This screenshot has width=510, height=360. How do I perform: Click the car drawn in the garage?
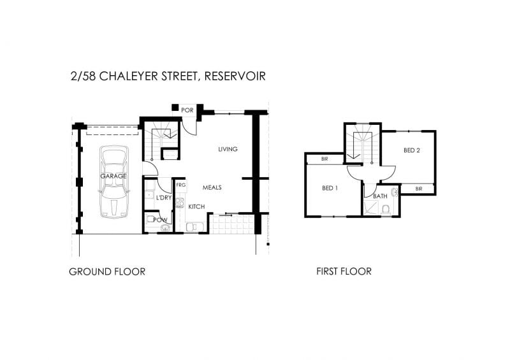[x=114, y=182]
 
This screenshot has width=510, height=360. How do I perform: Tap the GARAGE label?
[x=113, y=176]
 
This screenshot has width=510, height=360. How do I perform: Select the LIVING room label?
[x=228, y=149]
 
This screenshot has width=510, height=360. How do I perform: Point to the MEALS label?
[x=212, y=187]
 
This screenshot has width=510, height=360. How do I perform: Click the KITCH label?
[x=196, y=206]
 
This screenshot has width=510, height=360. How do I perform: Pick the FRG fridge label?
[x=181, y=185]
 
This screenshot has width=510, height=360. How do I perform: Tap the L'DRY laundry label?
[x=164, y=198]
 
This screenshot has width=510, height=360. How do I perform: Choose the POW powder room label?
[x=160, y=220]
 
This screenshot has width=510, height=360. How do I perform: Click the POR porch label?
[x=187, y=110]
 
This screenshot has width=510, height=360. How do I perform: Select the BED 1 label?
[x=330, y=188]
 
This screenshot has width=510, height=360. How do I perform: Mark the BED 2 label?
[x=411, y=150]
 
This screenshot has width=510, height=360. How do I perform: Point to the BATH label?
[x=380, y=196]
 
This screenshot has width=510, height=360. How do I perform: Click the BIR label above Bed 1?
[x=324, y=159]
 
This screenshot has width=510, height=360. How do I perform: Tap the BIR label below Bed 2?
[x=419, y=189]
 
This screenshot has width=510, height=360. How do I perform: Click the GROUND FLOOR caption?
[x=107, y=271]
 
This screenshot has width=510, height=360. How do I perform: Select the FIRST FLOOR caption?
[x=344, y=271]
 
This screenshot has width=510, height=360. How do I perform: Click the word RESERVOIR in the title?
[x=235, y=76]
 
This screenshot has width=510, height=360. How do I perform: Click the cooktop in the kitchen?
[x=180, y=203]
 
